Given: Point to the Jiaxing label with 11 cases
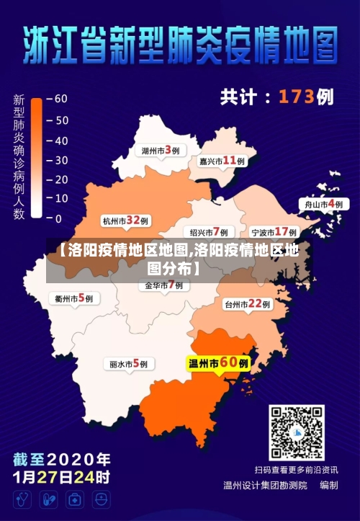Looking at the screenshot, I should click(x=222, y=161).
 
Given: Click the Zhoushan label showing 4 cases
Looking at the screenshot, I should click(x=323, y=204).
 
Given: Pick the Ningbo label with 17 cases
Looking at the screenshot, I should click(x=274, y=232).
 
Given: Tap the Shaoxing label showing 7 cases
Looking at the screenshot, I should click(x=209, y=232).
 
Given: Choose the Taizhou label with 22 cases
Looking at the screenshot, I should click(x=247, y=304).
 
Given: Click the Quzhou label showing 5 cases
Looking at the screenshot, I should click(x=73, y=297).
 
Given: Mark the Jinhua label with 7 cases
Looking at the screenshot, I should click(x=164, y=285).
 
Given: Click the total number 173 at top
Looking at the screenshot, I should click(x=297, y=96).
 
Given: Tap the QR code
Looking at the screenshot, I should click(x=297, y=432).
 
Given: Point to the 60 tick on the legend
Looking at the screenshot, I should click(x=60, y=98).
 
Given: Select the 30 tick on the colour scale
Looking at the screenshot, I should click(x=60, y=159).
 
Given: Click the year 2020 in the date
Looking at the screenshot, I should click(x=84, y=459).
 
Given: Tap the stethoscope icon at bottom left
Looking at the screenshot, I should click(x=22, y=499).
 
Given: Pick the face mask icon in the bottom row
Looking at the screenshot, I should click(x=101, y=499).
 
